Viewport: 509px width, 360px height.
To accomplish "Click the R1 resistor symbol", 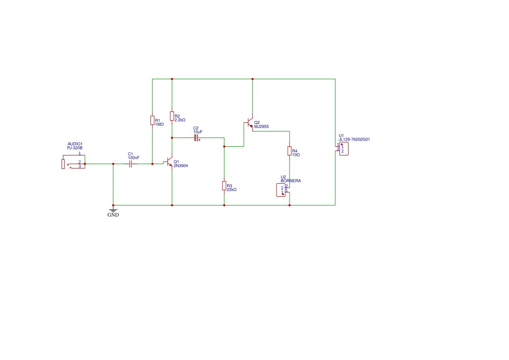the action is tap(152, 121).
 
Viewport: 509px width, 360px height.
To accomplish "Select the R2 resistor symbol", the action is tap(172, 116).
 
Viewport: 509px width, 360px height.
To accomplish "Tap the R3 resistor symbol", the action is tap(224, 186).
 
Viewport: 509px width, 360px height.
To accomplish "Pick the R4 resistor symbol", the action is tap(290, 151).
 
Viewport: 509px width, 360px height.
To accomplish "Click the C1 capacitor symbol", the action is tap(131, 164).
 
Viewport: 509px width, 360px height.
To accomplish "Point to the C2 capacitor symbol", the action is tap(196, 138).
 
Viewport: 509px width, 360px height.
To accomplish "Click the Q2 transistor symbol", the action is tap(249, 123).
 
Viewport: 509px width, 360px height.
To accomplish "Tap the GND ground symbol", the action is tap(113, 211).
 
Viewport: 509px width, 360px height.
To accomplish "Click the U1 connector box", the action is tap(344, 149).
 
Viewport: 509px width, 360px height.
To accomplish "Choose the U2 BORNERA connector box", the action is tap(281, 190).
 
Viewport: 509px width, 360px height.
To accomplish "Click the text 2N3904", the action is tap(181, 166).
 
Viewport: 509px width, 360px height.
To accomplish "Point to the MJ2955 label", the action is tap(262, 127).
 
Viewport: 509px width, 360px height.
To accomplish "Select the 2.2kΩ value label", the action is tap(180, 120).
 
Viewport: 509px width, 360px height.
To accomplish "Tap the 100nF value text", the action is tap(134, 158).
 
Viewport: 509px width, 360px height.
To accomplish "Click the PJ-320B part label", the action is tap(75, 148).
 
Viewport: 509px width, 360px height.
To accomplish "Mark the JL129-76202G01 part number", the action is tap(354, 140).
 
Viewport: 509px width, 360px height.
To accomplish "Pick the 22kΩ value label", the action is tap(232, 190).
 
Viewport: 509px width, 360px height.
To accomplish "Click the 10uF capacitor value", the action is tap(198, 132).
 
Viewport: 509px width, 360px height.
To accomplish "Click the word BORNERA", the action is tap(291, 181).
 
